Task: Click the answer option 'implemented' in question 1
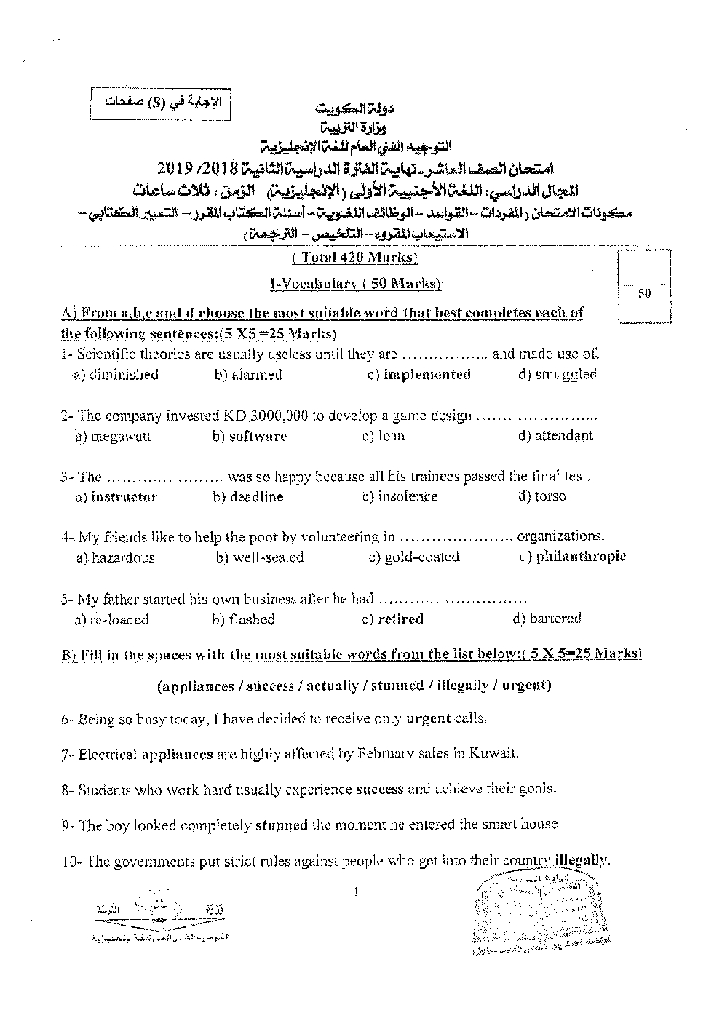pos(427,375)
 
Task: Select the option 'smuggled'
pos(566,375)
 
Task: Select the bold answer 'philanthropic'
pos(580,557)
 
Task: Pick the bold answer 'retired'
pos(400,620)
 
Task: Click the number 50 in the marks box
pos(643,294)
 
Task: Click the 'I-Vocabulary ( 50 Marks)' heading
pos(354,284)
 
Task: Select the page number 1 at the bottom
pos(356,891)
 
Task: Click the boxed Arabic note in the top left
pos(159,103)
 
